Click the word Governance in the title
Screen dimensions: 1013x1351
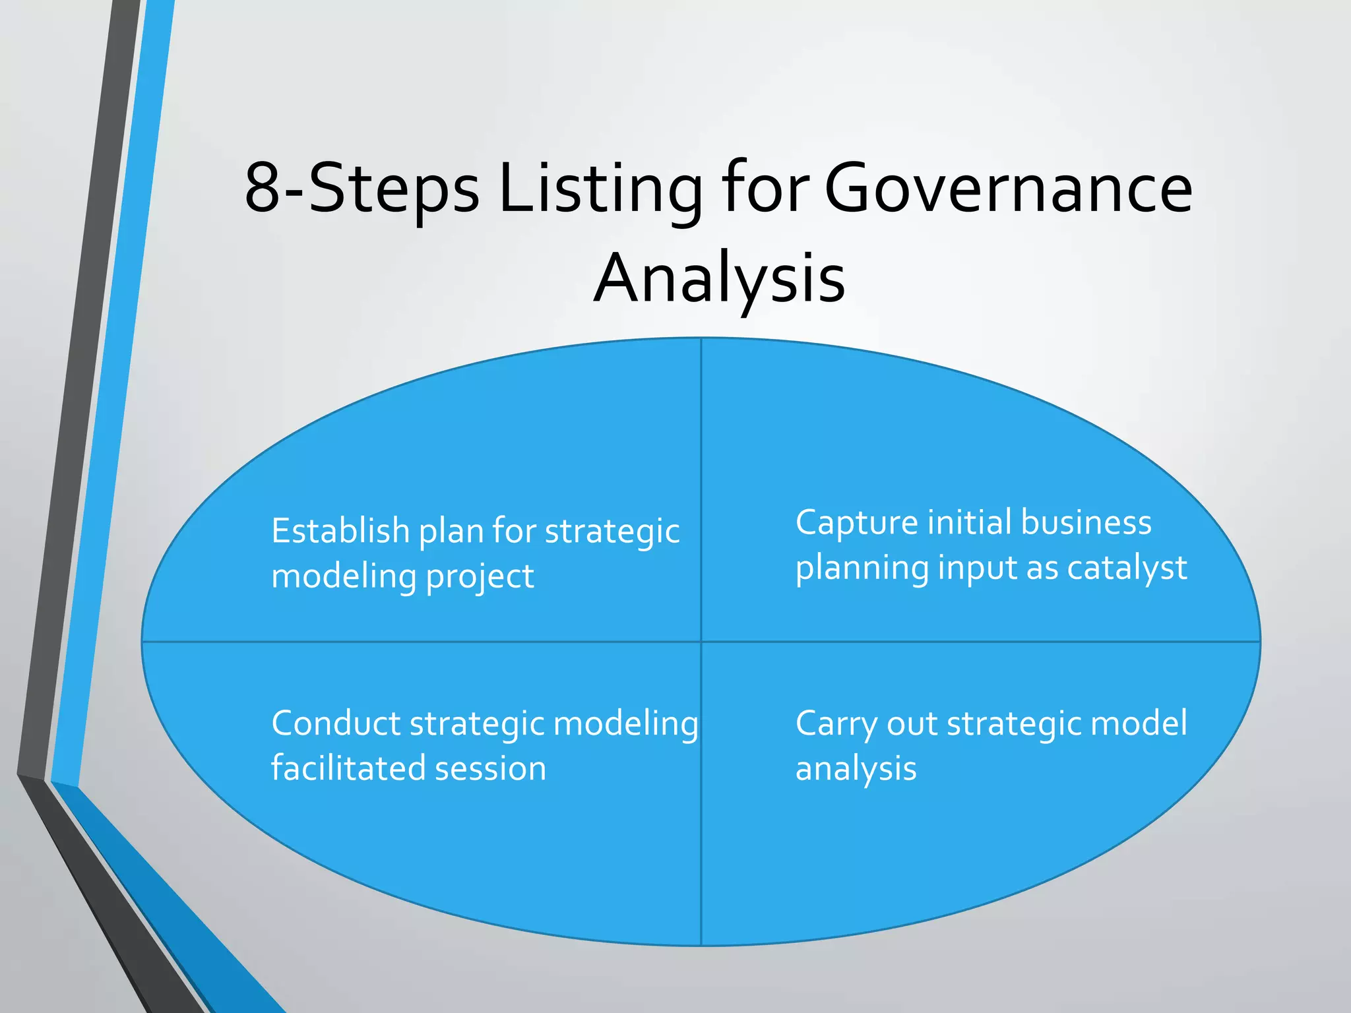pyautogui.click(x=1008, y=189)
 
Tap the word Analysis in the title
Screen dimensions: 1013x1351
pyautogui.click(x=719, y=280)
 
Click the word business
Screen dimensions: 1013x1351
pyautogui.click(x=1086, y=522)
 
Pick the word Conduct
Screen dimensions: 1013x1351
pyautogui.click(x=336, y=723)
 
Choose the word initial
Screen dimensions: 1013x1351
pyautogui.click(x=969, y=522)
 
